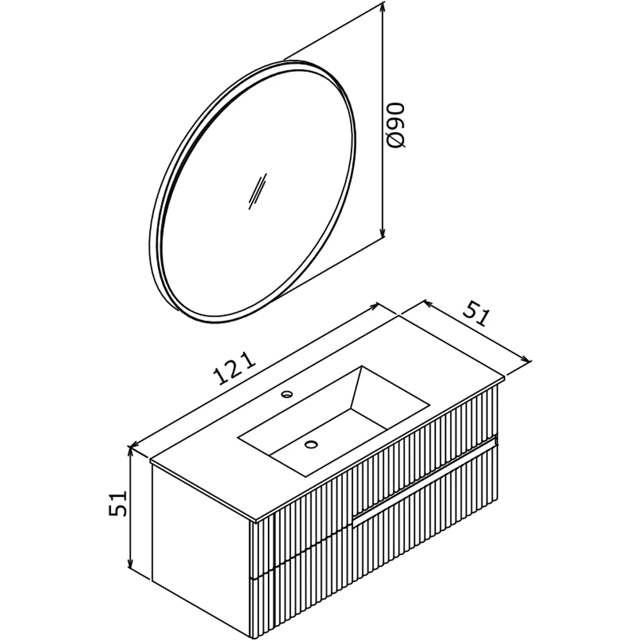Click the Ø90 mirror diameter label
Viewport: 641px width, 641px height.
(396, 125)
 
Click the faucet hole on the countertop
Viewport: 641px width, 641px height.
(287, 394)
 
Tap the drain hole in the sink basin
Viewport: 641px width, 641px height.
(311, 444)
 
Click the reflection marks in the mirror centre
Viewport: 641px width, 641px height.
(258, 191)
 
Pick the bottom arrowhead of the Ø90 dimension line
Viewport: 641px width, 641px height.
(383, 231)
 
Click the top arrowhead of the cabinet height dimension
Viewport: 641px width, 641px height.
(130, 453)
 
